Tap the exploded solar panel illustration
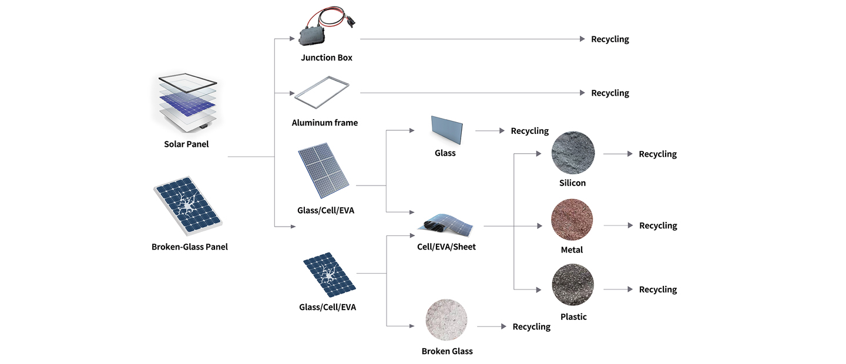187,103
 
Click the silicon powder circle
573,153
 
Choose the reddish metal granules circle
572,220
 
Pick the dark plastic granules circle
573,285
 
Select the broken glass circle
446,321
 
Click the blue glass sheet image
446,129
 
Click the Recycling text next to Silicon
657,154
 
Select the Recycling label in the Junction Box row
610,39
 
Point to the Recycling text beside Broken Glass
531,327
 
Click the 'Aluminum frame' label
324,123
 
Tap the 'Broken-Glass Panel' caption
189,247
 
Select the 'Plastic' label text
573,317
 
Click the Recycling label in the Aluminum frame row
610,93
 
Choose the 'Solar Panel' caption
186,144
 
